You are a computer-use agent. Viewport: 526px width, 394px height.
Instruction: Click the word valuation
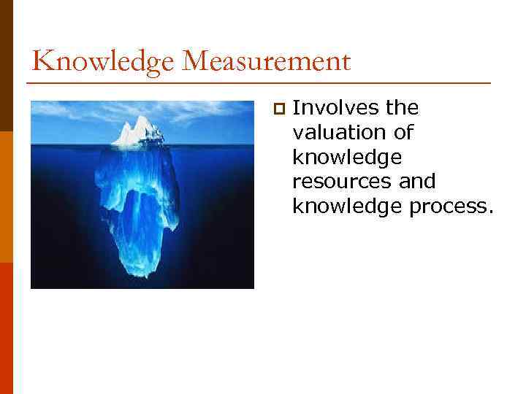pos(339,133)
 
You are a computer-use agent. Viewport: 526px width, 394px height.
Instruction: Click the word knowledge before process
pos(339,206)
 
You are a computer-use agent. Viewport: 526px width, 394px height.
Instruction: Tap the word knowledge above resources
pos(339,157)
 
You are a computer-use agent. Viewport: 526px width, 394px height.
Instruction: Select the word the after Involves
pos(403,109)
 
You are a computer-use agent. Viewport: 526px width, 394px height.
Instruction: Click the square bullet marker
pos(278,109)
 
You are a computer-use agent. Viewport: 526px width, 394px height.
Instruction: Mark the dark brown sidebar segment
pos(7,66)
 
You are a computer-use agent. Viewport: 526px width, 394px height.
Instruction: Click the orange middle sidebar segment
pos(7,197)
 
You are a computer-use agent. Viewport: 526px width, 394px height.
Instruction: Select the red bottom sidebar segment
pos(7,328)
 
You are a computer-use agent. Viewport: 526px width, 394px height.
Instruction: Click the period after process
pos(490,212)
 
